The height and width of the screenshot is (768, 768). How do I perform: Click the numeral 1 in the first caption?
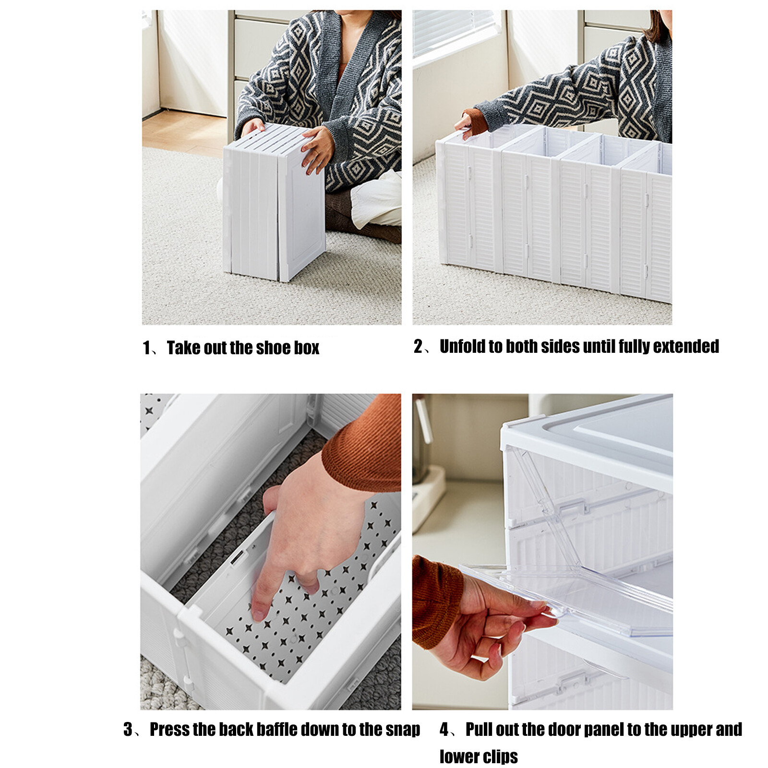click(146, 348)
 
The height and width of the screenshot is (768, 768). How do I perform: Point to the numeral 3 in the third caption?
click(128, 730)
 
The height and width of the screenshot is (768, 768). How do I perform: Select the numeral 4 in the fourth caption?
click(444, 730)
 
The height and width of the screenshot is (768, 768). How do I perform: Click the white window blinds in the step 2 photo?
click(454, 31)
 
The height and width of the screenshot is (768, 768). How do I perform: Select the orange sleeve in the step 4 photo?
click(434, 602)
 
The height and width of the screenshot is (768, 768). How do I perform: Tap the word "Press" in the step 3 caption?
click(171, 730)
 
